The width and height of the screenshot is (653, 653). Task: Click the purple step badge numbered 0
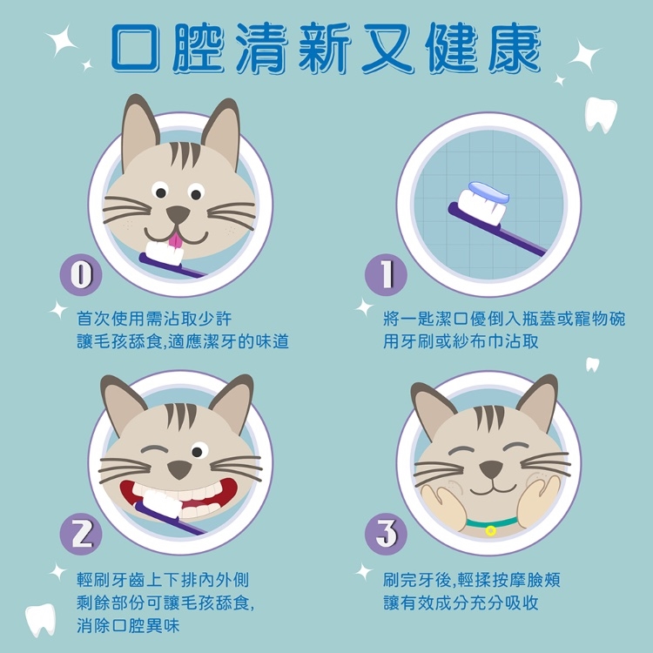[x=81, y=275]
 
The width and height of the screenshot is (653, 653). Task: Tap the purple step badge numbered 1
[x=386, y=275]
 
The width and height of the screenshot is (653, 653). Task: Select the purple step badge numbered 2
[x=81, y=534]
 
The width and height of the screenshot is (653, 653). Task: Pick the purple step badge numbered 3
[x=386, y=534]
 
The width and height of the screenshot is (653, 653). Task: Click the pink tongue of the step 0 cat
[x=175, y=240]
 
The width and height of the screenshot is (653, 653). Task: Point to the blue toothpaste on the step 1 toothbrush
[x=488, y=192]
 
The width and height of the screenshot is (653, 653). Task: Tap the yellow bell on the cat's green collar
[x=490, y=530]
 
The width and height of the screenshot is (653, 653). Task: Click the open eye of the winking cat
[x=199, y=451]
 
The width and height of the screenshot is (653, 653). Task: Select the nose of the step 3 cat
[x=490, y=469]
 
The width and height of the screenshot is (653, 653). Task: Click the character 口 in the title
[x=135, y=47]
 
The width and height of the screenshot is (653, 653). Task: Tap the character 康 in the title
[x=515, y=47]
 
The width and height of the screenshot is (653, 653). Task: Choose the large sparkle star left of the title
[x=61, y=40]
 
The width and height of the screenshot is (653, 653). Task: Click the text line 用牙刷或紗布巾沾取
[x=461, y=342]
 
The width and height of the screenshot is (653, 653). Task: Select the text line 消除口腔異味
[x=128, y=625]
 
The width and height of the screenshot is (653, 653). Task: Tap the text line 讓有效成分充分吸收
[x=461, y=603]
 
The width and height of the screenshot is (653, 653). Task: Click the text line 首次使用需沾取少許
[x=154, y=319]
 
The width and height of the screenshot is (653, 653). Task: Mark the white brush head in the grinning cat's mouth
[x=162, y=503]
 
